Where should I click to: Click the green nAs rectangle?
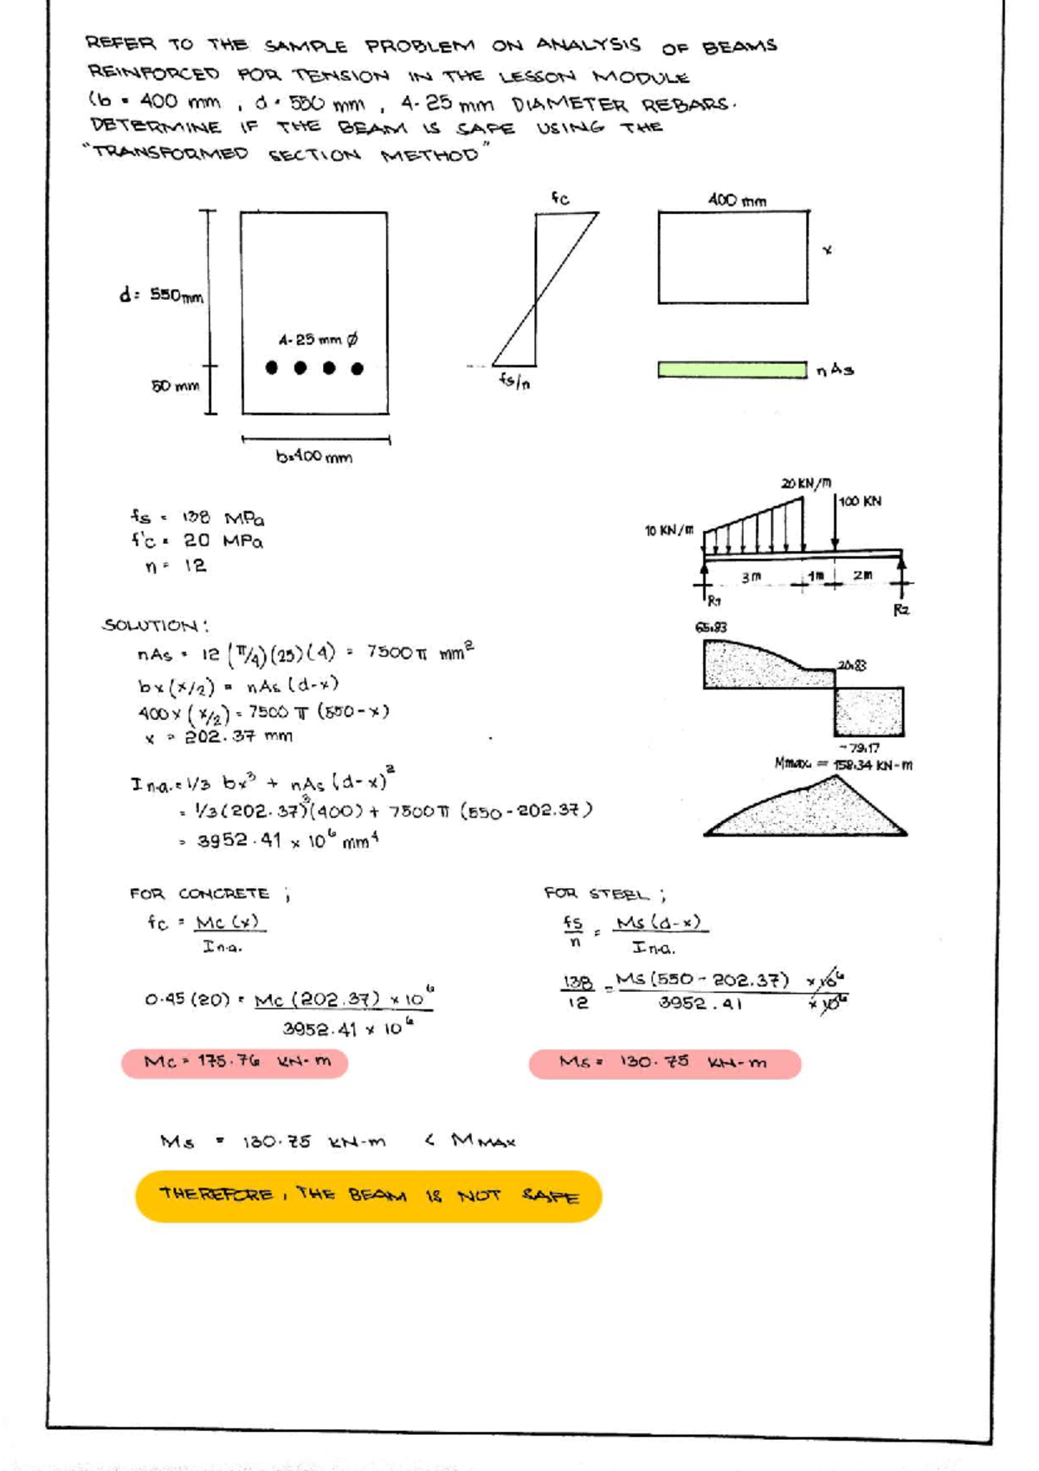coord(732,370)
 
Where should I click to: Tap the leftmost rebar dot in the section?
coord(272,367)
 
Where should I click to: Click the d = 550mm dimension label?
coord(161,295)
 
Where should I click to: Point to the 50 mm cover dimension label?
coord(175,386)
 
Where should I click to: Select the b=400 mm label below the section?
coord(313,457)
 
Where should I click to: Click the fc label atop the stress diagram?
coord(561,198)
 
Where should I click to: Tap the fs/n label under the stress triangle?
coord(514,380)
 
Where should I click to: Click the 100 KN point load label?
coord(860,502)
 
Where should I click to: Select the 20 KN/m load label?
coord(806,483)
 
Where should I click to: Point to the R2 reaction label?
coord(901,610)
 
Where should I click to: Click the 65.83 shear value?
coord(711,626)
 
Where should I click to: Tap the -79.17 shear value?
coord(859,748)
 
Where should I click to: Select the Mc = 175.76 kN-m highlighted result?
coord(235,1062)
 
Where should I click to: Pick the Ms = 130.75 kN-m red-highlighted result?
coord(664,1063)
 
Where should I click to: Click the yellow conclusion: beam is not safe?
coord(369,1196)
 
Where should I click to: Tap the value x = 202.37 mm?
coord(219,737)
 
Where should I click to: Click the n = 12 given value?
coord(176,566)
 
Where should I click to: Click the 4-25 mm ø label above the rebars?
coord(318,340)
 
